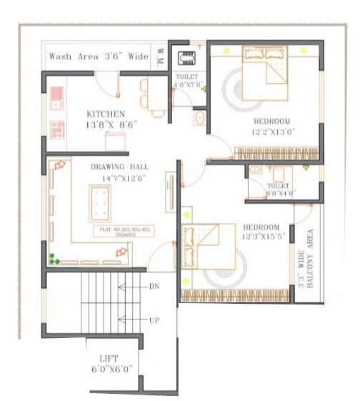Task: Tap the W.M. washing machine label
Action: coord(160,57)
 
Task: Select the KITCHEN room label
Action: coord(106,114)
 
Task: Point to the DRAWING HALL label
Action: coord(118,167)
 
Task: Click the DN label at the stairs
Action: coord(154,286)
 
